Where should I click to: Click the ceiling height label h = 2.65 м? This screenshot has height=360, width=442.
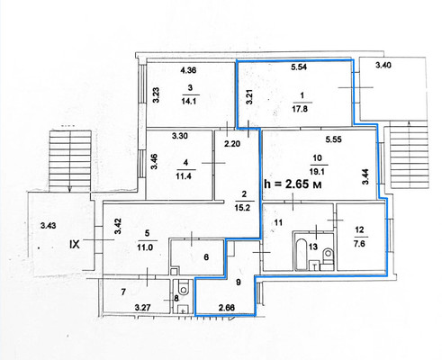pos(293,184)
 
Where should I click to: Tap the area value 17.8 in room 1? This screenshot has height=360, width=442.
pos(300,109)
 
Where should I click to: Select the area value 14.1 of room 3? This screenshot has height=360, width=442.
pos(189,101)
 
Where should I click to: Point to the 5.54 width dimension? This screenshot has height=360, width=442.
pos(299,67)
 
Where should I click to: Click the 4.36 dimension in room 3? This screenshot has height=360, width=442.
pos(188,70)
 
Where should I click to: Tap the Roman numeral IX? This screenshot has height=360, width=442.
pos(75,244)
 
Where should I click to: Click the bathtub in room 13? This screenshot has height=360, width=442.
pos(301,255)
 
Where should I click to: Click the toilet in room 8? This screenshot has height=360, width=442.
pos(183,287)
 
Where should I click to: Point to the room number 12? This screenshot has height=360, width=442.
pos(359,229)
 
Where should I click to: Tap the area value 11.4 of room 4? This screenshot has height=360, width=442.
pos(184,175)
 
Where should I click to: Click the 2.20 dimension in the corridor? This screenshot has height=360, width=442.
pos(232,144)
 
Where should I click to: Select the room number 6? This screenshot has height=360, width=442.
pos(206,257)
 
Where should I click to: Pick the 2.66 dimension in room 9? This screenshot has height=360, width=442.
pos(227,308)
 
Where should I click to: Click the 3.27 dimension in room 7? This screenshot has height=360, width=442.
pos(142,308)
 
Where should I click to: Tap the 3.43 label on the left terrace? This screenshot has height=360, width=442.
pos(48,225)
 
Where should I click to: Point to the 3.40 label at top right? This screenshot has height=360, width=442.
pos(383,65)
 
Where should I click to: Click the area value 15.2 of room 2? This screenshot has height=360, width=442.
pos(242,207)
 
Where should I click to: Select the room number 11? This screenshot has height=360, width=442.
pos(278,222)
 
